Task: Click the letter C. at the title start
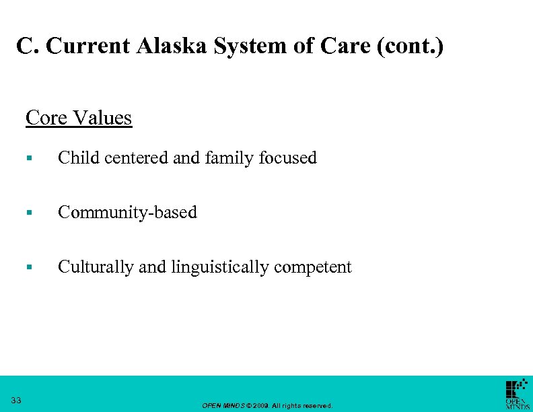25,46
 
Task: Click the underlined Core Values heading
79,118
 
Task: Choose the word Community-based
127,213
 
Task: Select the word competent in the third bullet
313,268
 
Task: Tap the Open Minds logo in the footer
517,394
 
